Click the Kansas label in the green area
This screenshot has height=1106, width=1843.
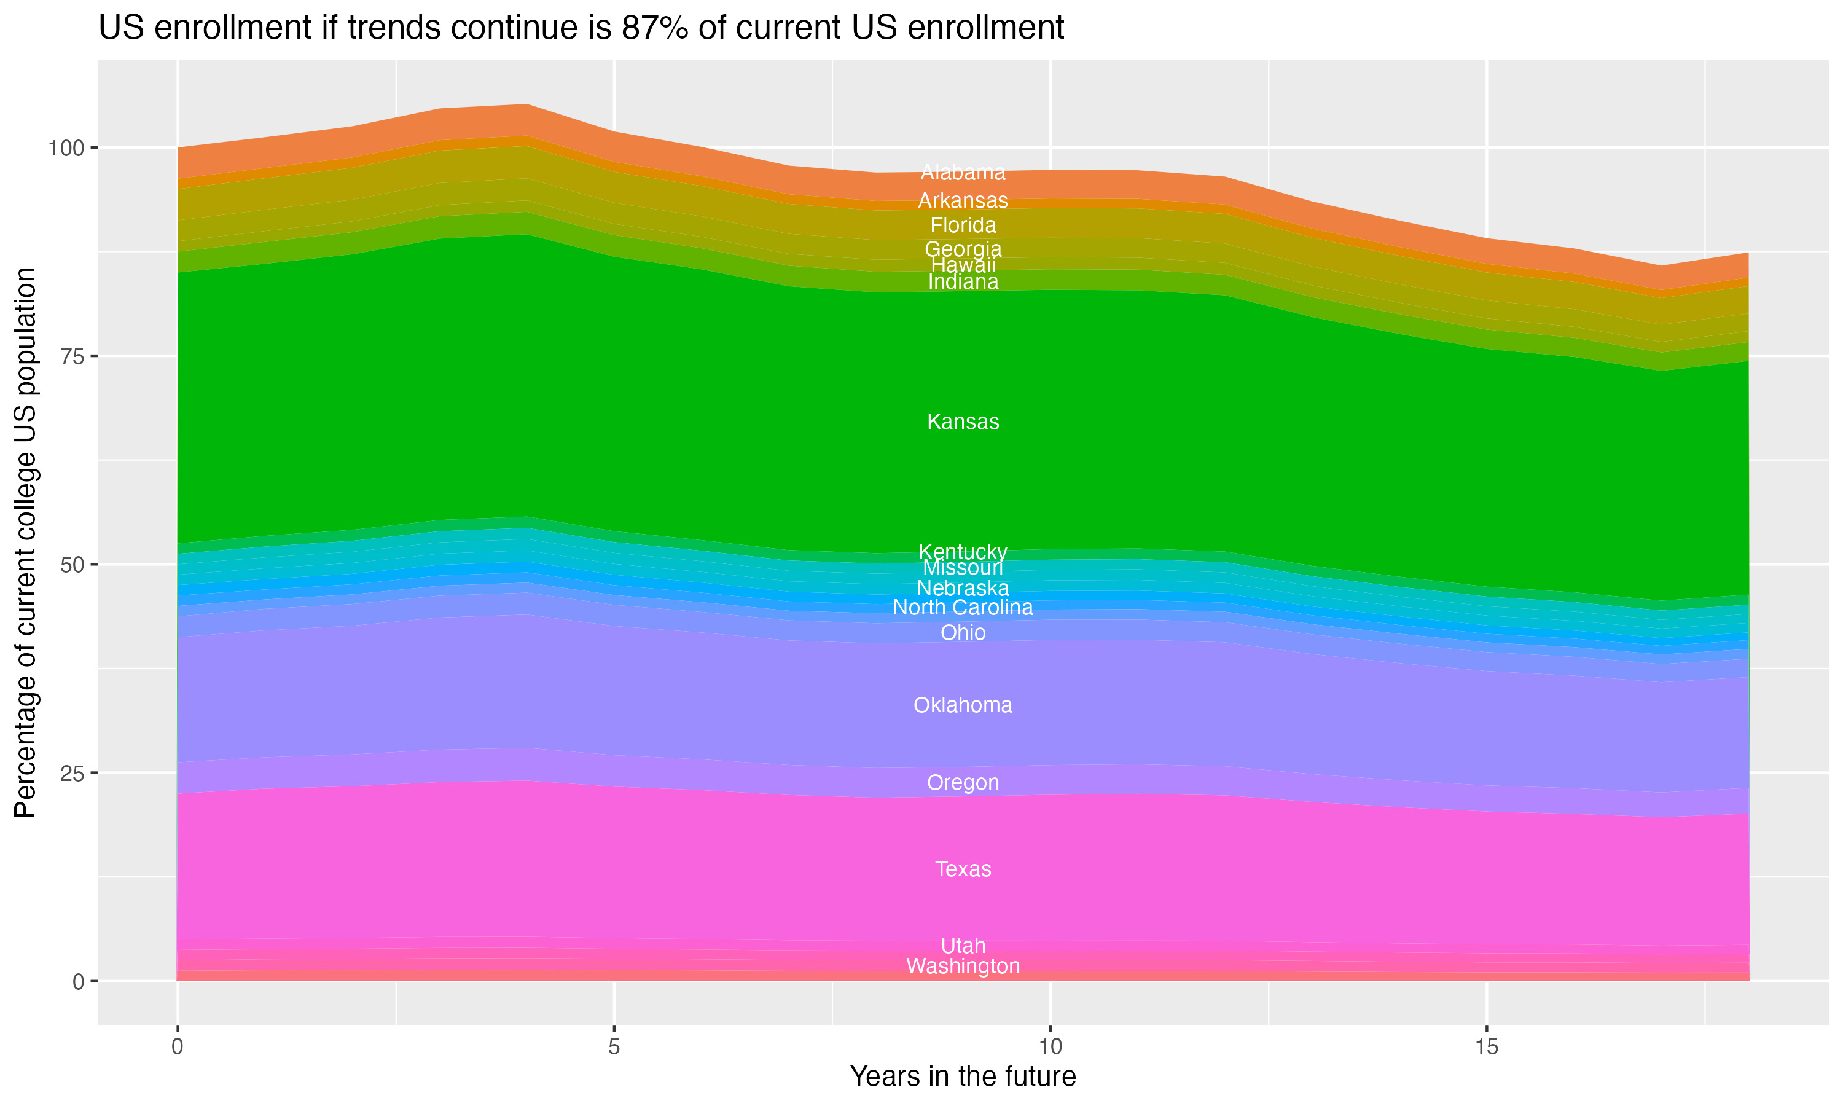(x=963, y=422)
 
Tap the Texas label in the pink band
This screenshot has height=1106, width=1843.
(x=963, y=869)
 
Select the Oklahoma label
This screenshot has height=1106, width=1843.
(x=963, y=705)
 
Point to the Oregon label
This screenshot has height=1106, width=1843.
(x=963, y=783)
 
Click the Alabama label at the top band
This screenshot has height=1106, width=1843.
(x=963, y=172)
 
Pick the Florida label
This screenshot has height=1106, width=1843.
(x=963, y=225)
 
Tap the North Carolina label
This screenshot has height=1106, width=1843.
(x=963, y=608)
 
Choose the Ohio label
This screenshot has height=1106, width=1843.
(x=963, y=633)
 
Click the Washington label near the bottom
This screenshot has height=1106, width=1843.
(x=963, y=967)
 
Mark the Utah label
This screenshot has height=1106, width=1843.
(x=963, y=946)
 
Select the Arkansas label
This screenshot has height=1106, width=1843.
(x=963, y=200)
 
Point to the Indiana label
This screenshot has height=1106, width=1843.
(x=963, y=281)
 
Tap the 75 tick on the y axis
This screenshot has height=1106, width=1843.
(x=71, y=356)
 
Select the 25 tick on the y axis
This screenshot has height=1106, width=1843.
(x=71, y=773)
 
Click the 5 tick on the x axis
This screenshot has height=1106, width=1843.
(x=614, y=1047)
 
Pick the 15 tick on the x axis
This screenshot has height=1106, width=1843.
(x=1486, y=1047)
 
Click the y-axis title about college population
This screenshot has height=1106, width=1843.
(x=25, y=542)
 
